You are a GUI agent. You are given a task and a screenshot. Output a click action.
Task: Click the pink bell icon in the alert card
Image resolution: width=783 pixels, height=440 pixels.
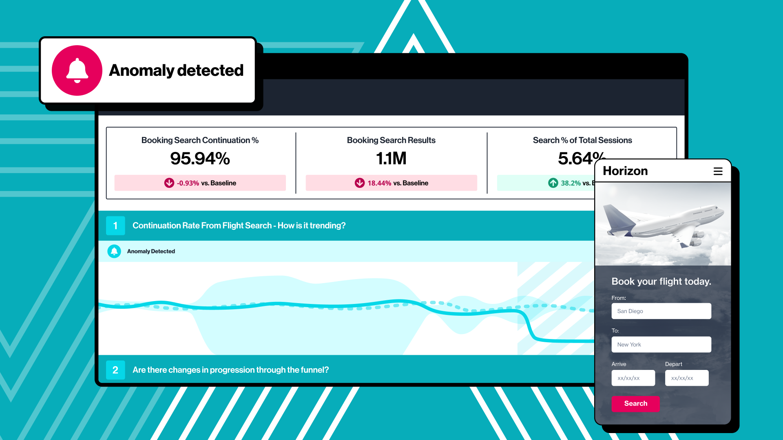(x=77, y=70)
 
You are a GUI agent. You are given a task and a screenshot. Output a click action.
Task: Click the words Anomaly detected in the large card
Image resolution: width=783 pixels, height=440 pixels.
(x=176, y=70)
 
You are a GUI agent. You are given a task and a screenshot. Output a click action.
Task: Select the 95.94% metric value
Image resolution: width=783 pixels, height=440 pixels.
(x=200, y=158)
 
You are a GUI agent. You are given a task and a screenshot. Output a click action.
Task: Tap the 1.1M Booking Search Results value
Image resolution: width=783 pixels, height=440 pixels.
(x=391, y=158)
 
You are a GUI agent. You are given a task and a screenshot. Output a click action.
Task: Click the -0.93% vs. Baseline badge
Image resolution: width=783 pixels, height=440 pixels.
(x=200, y=183)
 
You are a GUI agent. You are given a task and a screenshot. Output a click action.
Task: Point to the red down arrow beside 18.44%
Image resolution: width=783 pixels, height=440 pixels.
(x=359, y=183)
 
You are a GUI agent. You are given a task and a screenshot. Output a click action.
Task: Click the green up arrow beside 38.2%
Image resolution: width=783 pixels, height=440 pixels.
(x=553, y=183)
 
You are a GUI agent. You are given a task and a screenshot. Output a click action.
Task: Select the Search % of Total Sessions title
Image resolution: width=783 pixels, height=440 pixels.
(x=582, y=140)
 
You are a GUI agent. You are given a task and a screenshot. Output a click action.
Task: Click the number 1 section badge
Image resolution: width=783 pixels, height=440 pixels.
(x=115, y=226)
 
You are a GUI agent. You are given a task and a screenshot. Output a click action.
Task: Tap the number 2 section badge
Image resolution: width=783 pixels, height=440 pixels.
(x=115, y=370)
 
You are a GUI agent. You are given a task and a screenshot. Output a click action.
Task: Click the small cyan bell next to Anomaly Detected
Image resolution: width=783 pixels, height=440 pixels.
(x=114, y=251)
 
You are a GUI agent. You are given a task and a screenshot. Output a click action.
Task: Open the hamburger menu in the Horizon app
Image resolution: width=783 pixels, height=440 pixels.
(x=718, y=171)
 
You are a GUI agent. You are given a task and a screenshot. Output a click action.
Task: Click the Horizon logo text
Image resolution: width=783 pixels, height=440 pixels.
(x=625, y=171)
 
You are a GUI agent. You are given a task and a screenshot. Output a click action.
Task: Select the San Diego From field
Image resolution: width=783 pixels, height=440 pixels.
(x=661, y=311)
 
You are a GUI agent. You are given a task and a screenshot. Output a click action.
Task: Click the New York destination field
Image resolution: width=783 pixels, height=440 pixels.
(x=661, y=345)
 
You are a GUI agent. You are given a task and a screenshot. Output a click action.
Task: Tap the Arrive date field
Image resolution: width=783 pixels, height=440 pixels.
(x=633, y=378)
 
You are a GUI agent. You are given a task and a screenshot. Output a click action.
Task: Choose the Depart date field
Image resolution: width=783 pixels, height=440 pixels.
(x=686, y=378)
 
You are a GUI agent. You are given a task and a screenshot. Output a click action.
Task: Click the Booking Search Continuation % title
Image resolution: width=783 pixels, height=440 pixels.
(x=200, y=140)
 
